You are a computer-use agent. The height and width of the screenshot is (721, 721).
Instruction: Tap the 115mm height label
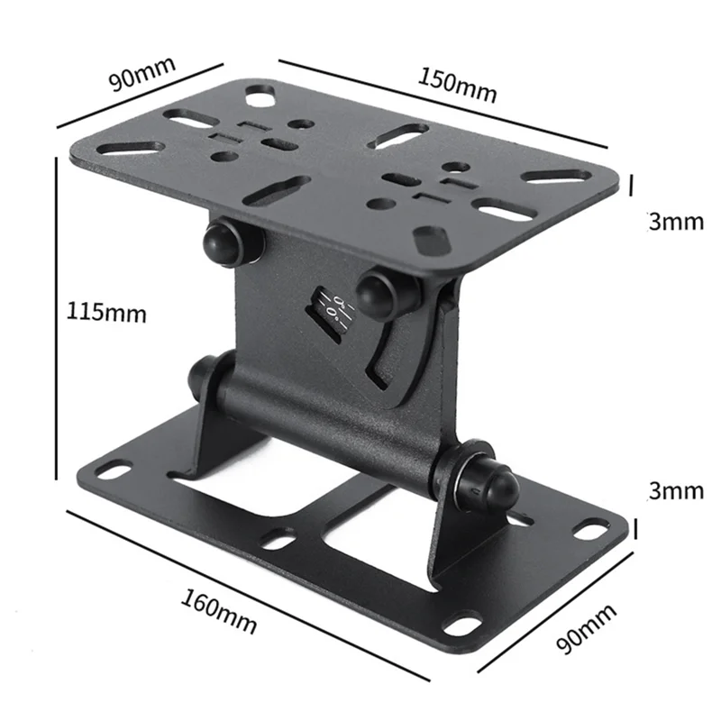pyautogui.click(x=106, y=313)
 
